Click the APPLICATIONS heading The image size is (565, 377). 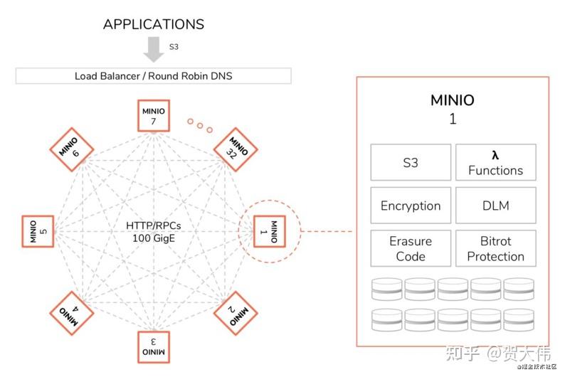click(x=154, y=24)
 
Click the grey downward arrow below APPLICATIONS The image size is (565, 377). click(x=154, y=49)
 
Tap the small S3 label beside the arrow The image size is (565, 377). click(x=174, y=47)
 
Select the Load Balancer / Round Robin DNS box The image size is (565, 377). click(x=154, y=76)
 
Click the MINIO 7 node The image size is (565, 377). click(x=154, y=115)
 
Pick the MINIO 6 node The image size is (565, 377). click(x=72, y=149)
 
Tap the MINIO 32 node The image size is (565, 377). click(x=236, y=149)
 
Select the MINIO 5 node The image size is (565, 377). click(x=38, y=231)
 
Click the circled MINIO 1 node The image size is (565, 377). click(x=270, y=231)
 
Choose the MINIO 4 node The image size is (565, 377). click(x=72, y=313)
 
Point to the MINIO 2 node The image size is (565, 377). click(x=236, y=313)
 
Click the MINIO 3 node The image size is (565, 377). click(x=154, y=346)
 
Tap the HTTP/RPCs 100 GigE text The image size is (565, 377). click(x=154, y=232)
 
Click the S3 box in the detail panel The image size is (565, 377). click(x=411, y=162)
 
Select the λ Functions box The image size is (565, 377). click(x=496, y=162)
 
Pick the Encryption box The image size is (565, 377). click(x=411, y=206)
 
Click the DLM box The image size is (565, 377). click(x=496, y=206)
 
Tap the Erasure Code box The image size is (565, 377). click(x=411, y=248)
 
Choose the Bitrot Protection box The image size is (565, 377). click(x=496, y=248)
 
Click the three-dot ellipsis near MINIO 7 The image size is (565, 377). click(x=200, y=125)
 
